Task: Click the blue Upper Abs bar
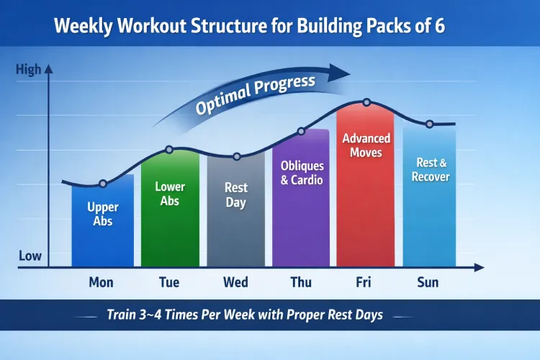[x=102, y=223]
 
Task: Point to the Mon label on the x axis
[x=101, y=282]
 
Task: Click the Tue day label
[x=169, y=282]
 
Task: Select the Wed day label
[x=235, y=282]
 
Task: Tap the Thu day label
[x=301, y=282]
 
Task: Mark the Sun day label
[x=428, y=282]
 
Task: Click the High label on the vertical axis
[x=28, y=70]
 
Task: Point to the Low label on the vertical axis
[x=29, y=256]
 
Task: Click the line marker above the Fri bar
[x=366, y=103]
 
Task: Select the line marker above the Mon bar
[x=102, y=184]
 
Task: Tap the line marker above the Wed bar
[x=236, y=156]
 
